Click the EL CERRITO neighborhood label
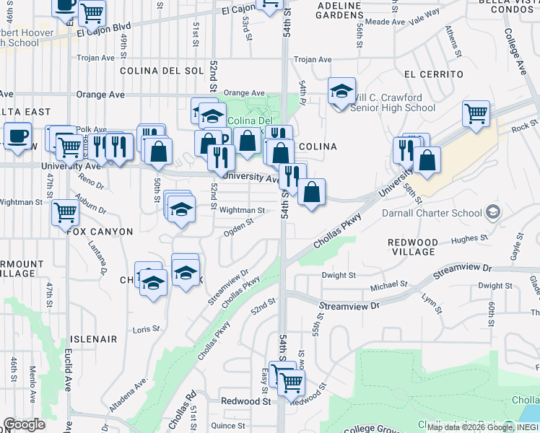pos(433,74)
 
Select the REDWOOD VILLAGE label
pos(411,247)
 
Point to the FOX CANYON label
pos(100,232)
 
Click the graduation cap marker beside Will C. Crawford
pos(341,91)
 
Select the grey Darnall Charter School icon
pos(492,212)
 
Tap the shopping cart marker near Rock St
pos(476,114)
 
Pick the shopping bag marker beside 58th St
pos(427,160)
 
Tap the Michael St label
pos(384,287)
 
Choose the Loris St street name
pos(146,329)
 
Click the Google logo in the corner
pos(24,424)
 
